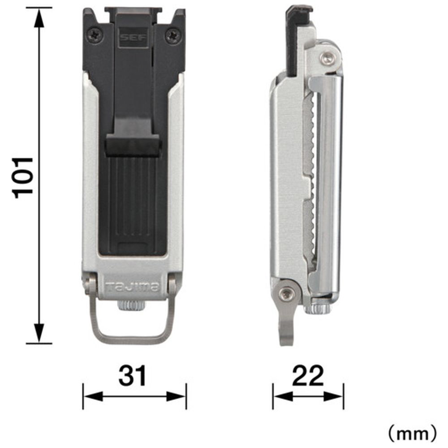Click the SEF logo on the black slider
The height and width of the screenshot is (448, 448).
(133, 37)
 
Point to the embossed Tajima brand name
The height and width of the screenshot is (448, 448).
(132, 287)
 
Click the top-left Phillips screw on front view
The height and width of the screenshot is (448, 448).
(95, 36)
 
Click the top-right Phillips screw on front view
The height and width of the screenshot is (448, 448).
(173, 36)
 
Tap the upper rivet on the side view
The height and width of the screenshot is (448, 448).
(327, 58)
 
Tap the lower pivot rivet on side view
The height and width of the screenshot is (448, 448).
(286, 294)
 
